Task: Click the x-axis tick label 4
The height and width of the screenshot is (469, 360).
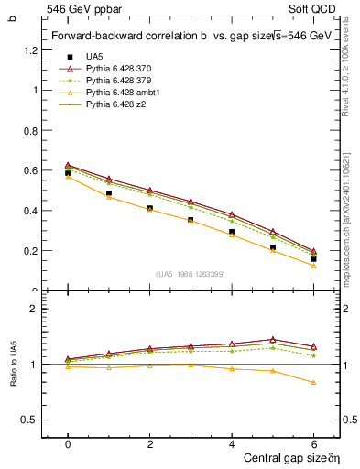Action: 232,443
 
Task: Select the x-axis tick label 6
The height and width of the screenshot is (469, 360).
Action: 313,443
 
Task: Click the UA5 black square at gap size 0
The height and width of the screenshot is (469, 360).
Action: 68,173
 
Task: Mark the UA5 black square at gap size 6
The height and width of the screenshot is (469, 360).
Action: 313,259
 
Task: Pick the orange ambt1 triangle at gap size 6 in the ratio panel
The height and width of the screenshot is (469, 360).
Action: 313,382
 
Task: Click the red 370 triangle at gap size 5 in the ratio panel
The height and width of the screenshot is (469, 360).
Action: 272,339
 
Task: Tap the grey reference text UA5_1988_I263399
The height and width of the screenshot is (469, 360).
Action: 191,274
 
